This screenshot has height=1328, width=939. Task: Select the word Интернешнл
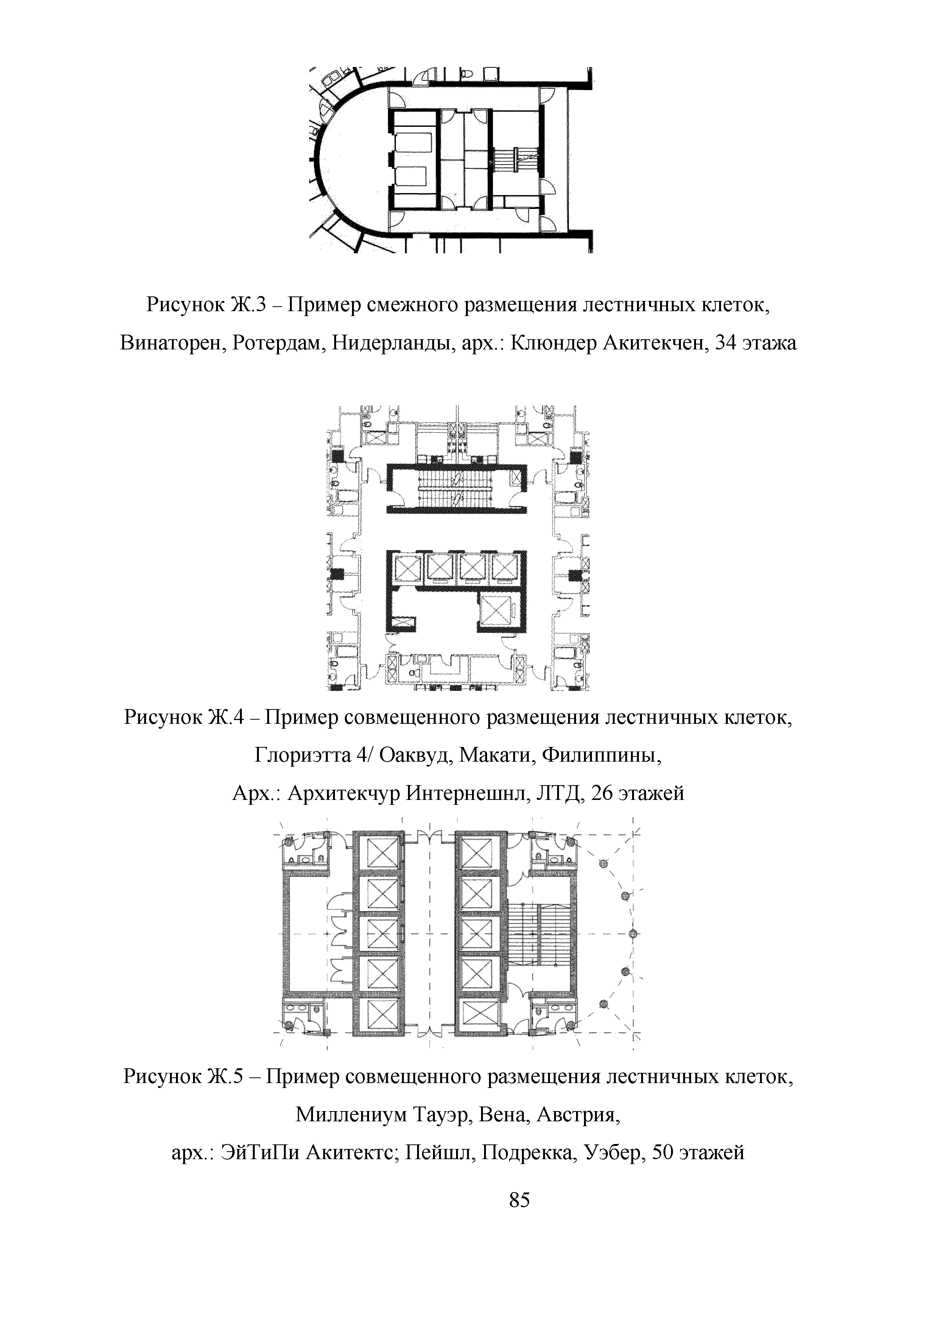coord(463,792)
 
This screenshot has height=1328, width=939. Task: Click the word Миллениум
coord(350,1114)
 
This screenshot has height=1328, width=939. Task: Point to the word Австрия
coord(578,1114)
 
